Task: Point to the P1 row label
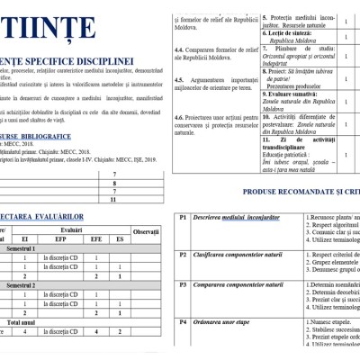coord(182,217)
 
